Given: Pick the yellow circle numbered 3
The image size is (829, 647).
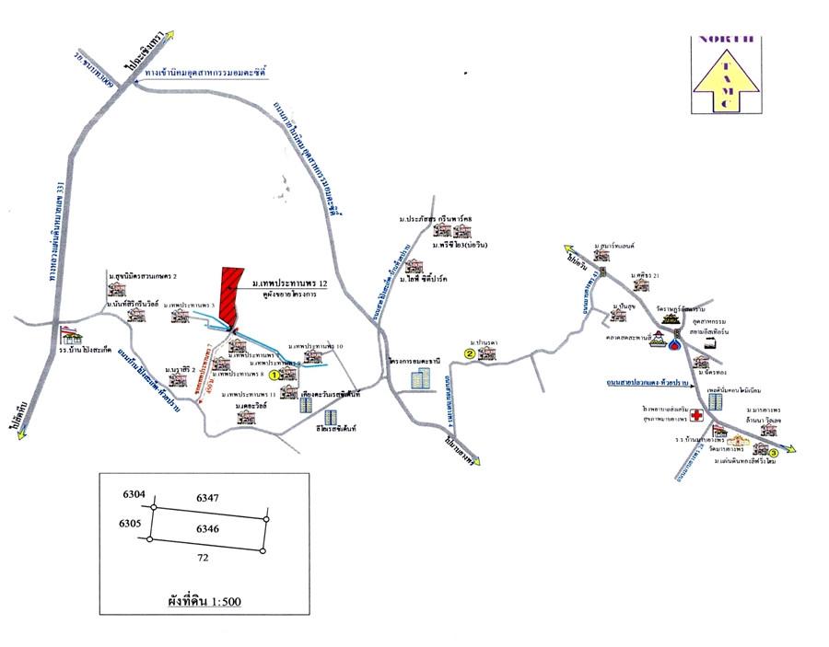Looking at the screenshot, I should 773,452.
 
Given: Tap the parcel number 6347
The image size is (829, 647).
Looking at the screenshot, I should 207,497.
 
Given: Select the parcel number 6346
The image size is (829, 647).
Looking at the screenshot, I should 207,529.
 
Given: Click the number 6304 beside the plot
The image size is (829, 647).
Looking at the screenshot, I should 134,495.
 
